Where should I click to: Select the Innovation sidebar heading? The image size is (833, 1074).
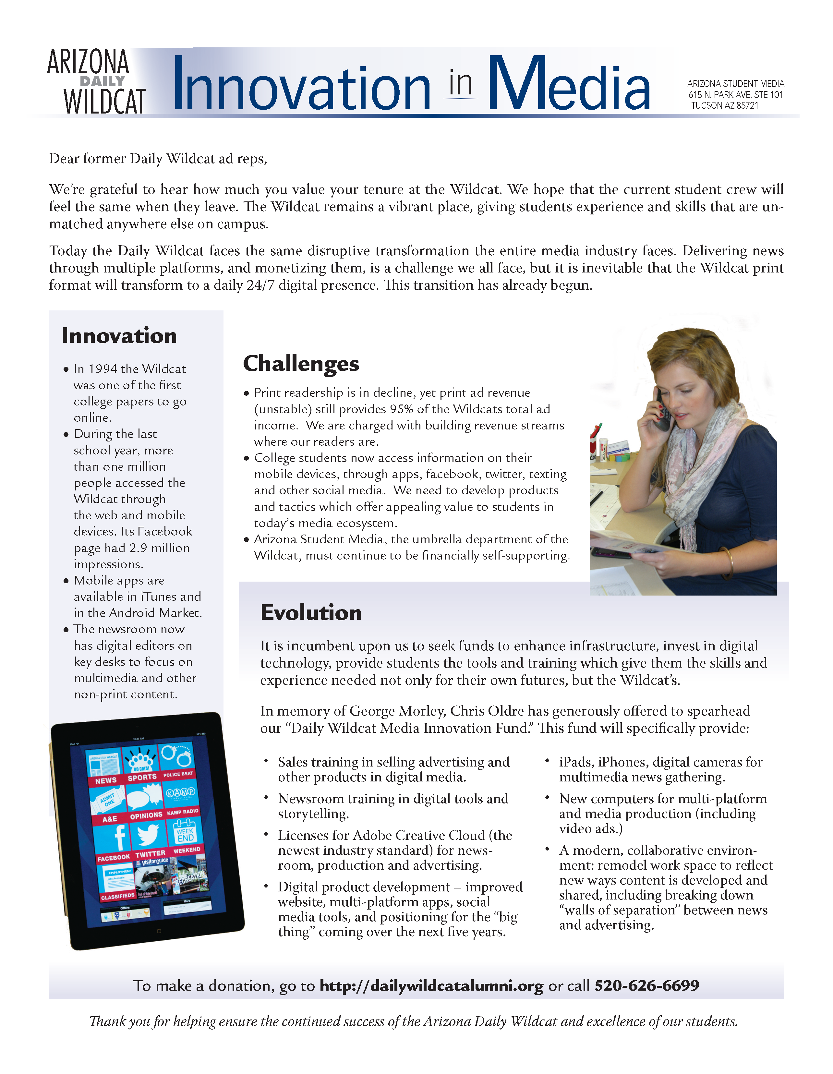119,336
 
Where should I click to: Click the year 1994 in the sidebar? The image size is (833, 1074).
103,369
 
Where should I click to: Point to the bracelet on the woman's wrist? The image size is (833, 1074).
729,562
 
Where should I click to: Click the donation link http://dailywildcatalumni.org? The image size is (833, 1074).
431,985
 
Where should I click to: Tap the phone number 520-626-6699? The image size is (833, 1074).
646,985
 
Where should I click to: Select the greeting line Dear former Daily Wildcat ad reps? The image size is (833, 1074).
158,159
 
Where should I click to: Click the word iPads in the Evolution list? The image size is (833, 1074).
575,762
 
